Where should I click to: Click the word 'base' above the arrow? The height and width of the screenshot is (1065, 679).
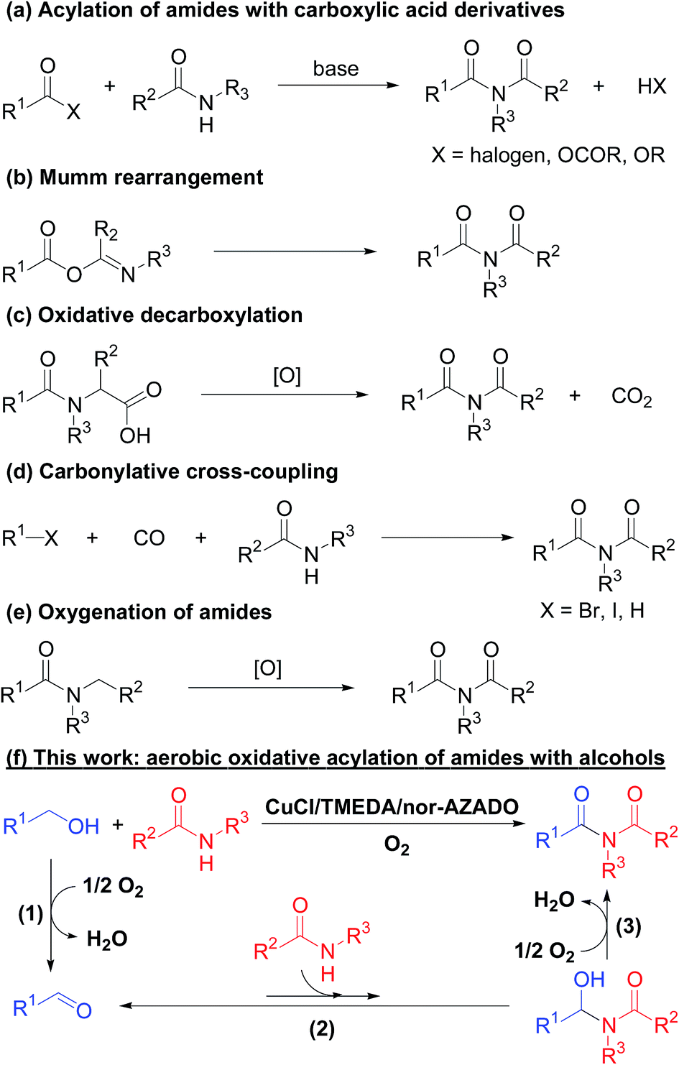pyautogui.click(x=336, y=69)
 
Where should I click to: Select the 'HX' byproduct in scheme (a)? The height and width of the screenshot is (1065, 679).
pyautogui.click(x=651, y=86)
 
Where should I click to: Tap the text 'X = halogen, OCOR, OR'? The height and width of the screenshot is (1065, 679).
pyautogui.click(x=548, y=155)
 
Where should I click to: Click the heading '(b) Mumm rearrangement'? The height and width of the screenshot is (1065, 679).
pyautogui.click(x=134, y=177)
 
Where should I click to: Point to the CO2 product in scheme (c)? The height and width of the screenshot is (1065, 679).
pyautogui.click(x=631, y=397)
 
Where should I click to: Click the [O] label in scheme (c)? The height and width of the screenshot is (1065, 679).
pyautogui.click(x=287, y=376)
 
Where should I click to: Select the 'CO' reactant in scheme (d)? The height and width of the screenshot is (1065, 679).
pyautogui.click(x=149, y=538)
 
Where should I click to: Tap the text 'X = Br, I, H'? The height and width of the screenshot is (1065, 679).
pyautogui.click(x=592, y=611)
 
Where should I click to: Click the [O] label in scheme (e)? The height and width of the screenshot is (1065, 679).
pyautogui.click(x=267, y=669)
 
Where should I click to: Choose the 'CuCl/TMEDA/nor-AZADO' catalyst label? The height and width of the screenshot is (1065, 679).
pyautogui.click(x=392, y=807)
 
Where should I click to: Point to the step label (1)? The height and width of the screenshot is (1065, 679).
pyautogui.click(x=30, y=914)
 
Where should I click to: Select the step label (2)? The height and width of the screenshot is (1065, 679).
pyautogui.click(x=322, y=1029)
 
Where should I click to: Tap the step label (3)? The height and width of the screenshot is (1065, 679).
pyautogui.click(x=628, y=926)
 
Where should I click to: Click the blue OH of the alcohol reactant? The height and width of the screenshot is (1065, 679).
pyautogui.click(x=83, y=826)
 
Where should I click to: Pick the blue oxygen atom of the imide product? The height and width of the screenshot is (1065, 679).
pyautogui.click(x=581, y=794)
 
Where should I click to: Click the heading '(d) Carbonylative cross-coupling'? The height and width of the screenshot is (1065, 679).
pyautogui.click(x=172, y=471)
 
